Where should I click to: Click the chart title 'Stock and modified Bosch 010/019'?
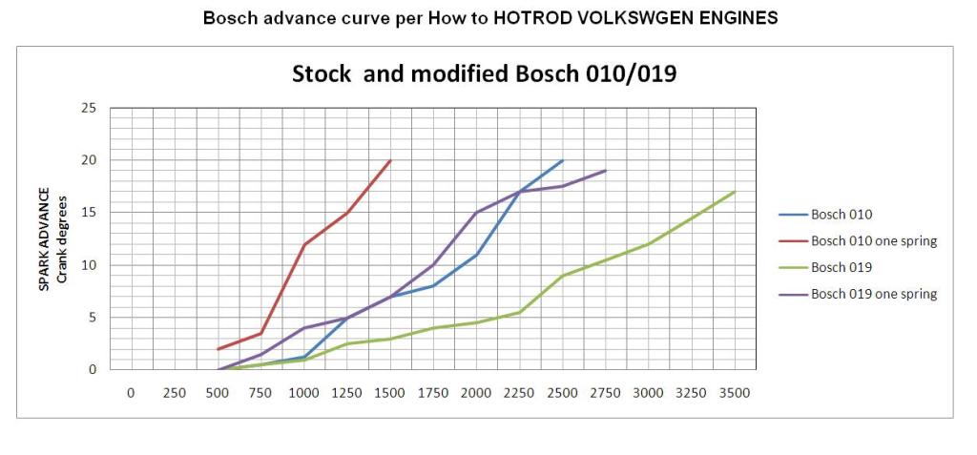tap(484, 73)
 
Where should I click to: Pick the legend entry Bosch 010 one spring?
tap(873, 241)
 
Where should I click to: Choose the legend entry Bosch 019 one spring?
tap(873, 294)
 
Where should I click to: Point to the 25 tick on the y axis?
tap(89, 108)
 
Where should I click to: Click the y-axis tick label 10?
tap(89, 264)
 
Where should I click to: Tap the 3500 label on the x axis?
tap(734, 392)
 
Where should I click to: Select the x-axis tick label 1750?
tap(432, 392)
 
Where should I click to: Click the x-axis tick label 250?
tap(174, 392)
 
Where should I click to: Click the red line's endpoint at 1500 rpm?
tap(390, 160)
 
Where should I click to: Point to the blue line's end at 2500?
tap(563, 160)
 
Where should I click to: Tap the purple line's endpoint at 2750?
tap(606, 171)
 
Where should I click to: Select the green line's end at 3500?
tap(735, 192)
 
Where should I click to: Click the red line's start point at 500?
tap(218, 349)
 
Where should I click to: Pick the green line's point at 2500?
tap(563, 276)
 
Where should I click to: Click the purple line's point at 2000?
tap(476, 213)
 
